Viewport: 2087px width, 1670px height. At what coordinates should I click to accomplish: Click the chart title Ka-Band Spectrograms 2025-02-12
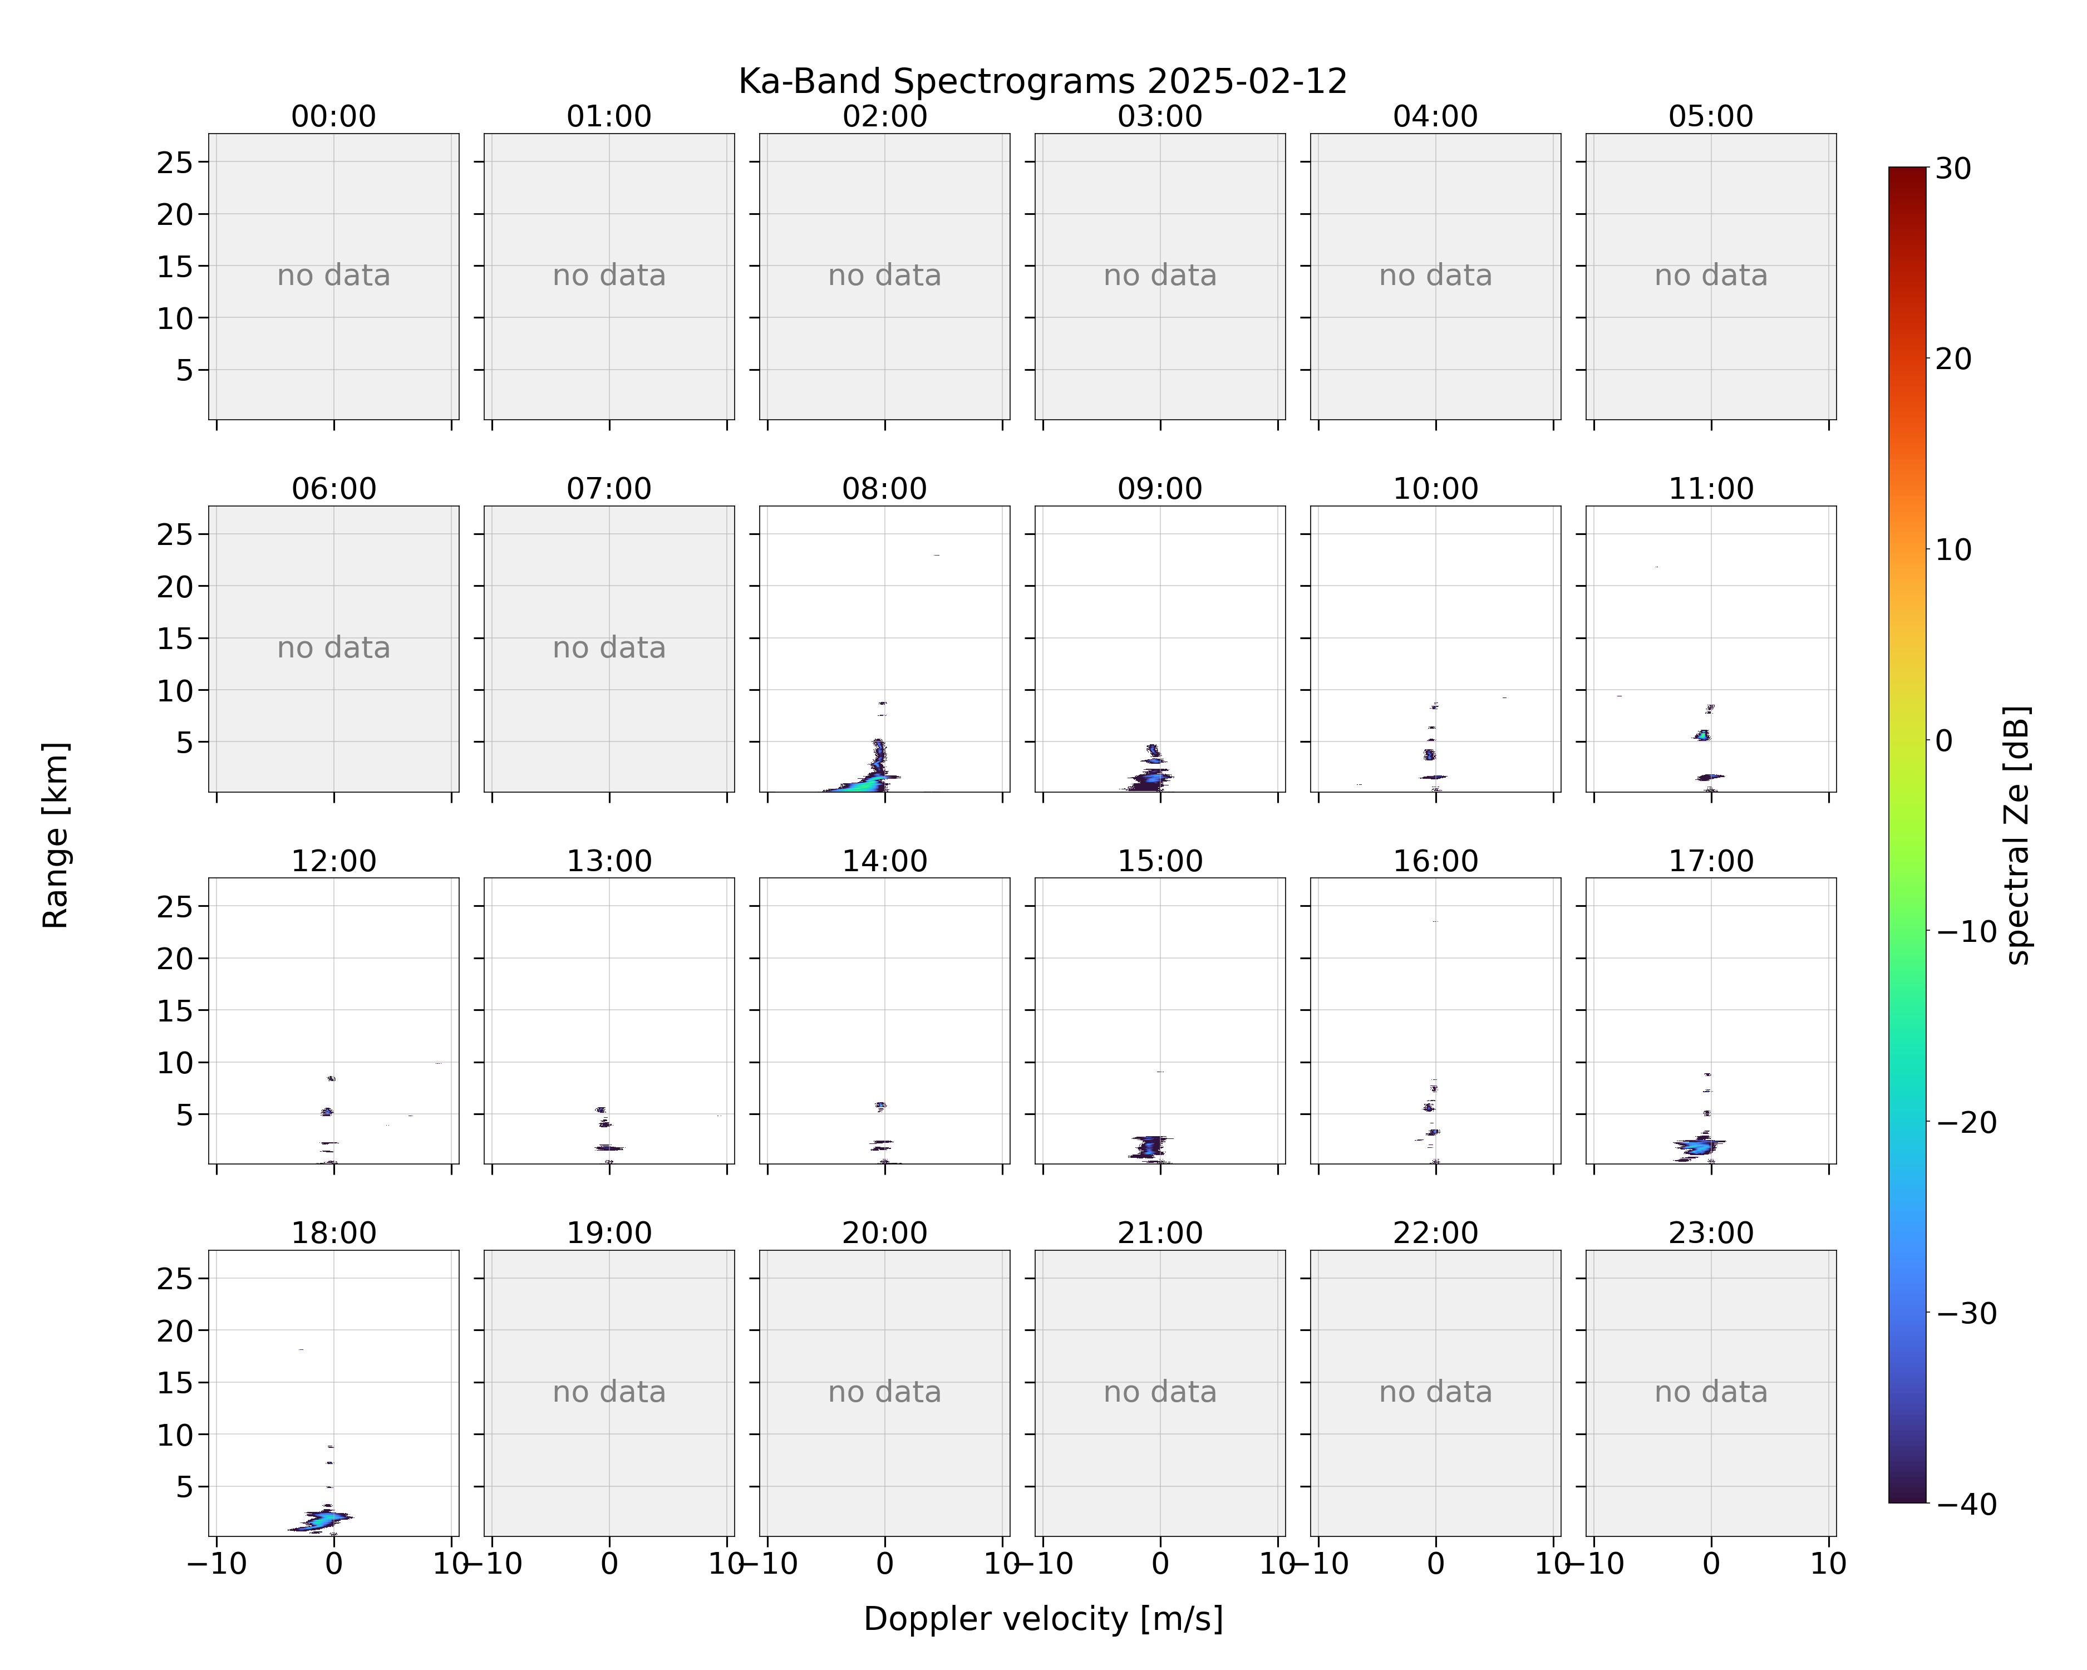(1042, 81)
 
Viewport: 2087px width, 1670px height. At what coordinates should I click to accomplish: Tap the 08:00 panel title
(884, 489)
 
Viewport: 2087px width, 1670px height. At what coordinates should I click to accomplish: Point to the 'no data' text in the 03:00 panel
(1160, 276)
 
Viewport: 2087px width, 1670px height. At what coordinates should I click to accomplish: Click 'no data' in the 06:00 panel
(334, 647)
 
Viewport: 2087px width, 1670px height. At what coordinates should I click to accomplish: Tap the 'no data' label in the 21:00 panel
(1160, 1392)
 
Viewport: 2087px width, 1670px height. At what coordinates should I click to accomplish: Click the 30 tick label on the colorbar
(1953, 169)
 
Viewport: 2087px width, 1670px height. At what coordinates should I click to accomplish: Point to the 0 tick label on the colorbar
(1945, 740)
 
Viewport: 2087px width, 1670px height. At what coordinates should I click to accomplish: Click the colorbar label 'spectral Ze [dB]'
(2017, 836)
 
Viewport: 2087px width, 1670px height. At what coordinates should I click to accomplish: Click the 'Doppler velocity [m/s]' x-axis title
(1042, 1619)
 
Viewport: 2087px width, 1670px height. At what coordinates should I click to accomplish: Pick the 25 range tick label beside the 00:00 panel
(175, 163)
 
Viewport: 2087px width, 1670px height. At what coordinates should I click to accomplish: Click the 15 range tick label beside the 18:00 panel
(175, 1382)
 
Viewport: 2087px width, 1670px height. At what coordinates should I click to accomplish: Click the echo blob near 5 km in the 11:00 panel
(1702, 736)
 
